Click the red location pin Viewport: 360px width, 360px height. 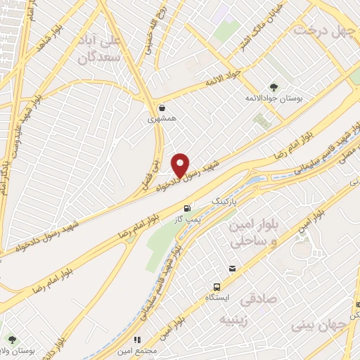(181, 165)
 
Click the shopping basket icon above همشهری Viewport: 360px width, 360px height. (163, 109)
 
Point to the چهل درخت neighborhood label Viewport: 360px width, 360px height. (323, 31)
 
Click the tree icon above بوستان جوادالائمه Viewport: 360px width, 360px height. (273, 87)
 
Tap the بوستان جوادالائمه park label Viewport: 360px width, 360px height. (274, 100)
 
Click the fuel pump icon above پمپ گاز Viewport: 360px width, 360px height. (186, 208)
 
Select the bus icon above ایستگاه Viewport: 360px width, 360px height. (218, 288)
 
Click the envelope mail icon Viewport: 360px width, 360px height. (232, 269)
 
